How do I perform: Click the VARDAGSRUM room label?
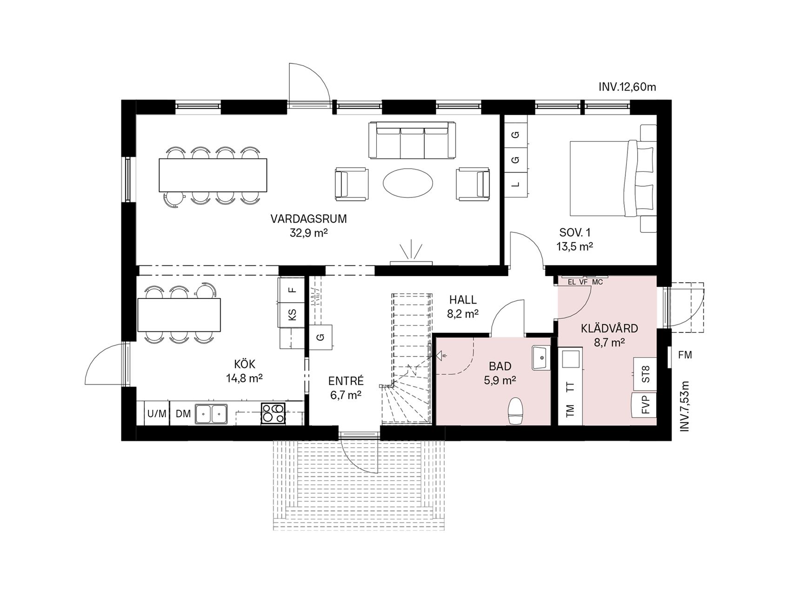pyautogui.click(x=309, y=219)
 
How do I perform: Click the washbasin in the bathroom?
pyautogui.click(x=541, y=358)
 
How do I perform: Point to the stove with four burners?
pyautogui.click(x=274, y=413)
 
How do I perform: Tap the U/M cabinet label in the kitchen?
pyautogui.click(x=157, y=413)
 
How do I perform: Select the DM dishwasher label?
pyautogui.click(x=183, y=413)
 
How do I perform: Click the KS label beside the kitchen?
pyautogui.click(x=293, y=314)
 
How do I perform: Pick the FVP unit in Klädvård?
pyautogui.click(x=644, y=405)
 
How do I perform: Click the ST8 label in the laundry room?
pyautogui.click(x=646, y=374)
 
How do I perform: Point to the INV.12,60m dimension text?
pyautogui.click(x=627, y=87)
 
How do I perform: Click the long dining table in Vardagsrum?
pyautogui.click(x=213, y=175)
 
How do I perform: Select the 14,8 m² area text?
pyautogui.click(x=245, y=378)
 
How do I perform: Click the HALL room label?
pyautogui.click(x=463, y=300)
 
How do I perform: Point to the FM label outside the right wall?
pyautogui.click(x=685, y=355)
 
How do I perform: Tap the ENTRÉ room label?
pyautogui.click(x=346, y=381)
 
